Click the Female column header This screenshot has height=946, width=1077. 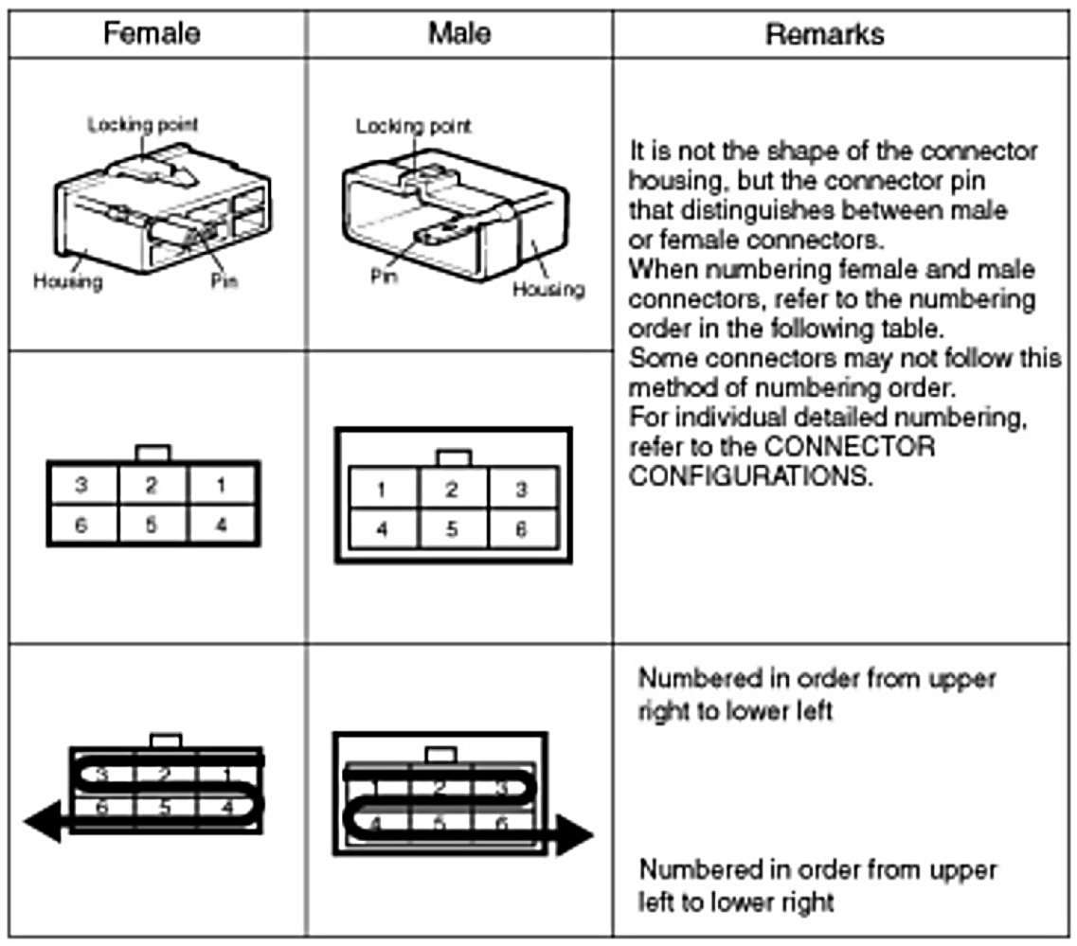pyautogui.click(x=152, y=34)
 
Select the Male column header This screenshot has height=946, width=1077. pyautogui.click(x=459, y=34)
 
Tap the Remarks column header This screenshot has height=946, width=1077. pyautogui.click(x=824, y=35)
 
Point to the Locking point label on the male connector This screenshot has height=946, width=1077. pyautogui.click(x=413, y=125)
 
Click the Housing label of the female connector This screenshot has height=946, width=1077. pyautogui.click(x=68, y=281)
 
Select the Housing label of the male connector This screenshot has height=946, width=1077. pyautogui.click(x=548, y=290)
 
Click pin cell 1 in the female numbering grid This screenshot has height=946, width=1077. pyautogui.click(x=221, y=486)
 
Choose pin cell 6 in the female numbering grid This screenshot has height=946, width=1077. pyautogui.click(x=81, y=523)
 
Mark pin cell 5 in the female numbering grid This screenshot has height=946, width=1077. pyautogui.click(x=152, y=523)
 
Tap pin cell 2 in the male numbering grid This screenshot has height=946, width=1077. pyautogui.click(x=453, y=491)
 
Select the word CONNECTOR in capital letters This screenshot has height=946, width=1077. pyautogui.click(x=867, y=446)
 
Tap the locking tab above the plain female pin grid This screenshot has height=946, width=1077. pyautogui.click(x=153, y=452)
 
